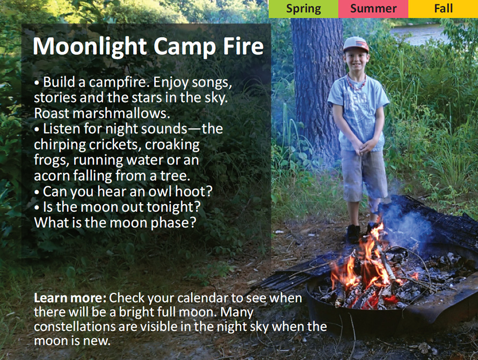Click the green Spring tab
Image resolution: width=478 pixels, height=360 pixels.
pos(303,9)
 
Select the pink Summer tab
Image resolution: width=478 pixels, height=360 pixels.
pos(373,9)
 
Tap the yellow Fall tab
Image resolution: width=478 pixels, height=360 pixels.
pos(443,9)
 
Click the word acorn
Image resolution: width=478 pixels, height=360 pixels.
pos(51,176)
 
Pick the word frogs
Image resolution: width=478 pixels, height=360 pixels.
pos(51,160)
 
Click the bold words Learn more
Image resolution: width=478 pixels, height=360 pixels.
pos(70,298)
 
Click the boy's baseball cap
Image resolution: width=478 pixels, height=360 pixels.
pos(356,44)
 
